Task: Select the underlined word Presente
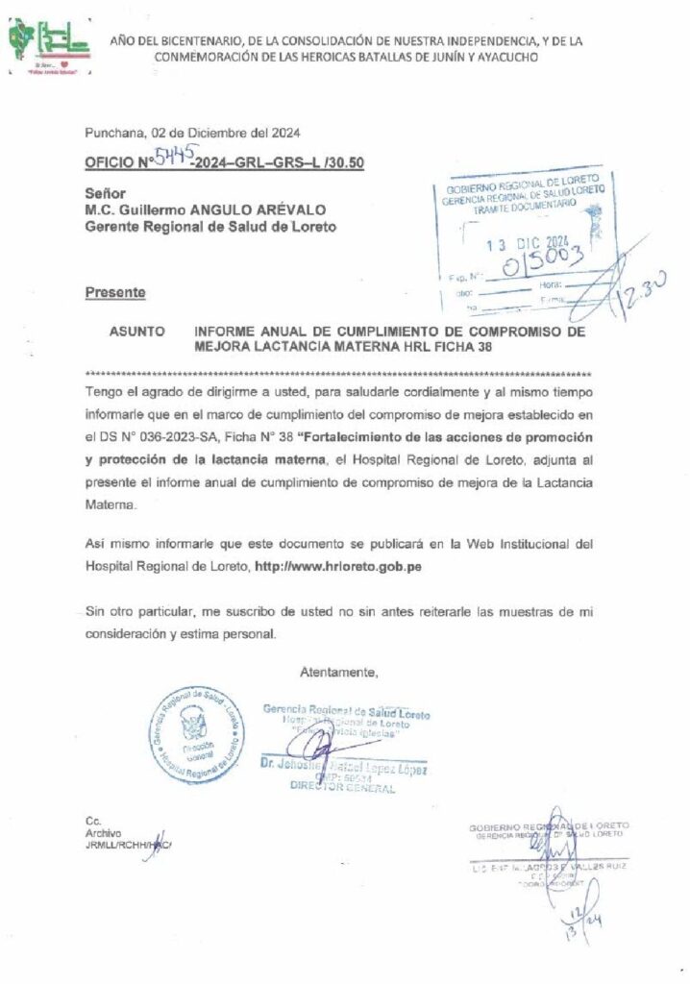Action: [115, 291]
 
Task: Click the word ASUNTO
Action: [137, 330]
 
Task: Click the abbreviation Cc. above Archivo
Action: [93, 821]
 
